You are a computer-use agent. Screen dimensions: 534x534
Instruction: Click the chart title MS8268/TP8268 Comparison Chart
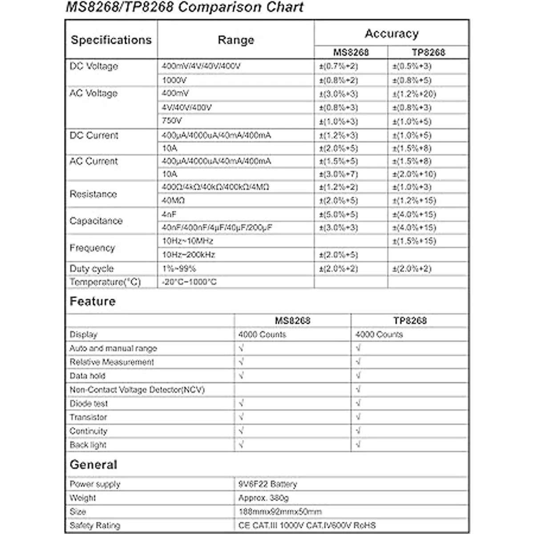click(185, 8)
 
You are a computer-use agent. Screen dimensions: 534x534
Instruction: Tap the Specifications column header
click(111, 40)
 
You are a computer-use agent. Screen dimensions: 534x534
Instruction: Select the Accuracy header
click(392, 34)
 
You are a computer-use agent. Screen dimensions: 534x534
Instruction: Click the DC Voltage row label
click(94, 66)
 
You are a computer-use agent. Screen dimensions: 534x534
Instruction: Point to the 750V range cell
click(172, 121)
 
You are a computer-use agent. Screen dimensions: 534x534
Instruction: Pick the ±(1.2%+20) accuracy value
click(414, 94)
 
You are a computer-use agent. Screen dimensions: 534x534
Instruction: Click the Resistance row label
click(93, 194)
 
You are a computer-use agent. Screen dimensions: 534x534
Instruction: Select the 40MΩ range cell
click(173, 201)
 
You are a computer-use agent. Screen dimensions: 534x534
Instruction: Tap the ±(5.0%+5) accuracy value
click(338, 214)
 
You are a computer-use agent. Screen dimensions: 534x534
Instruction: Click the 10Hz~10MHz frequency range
click(187, 241)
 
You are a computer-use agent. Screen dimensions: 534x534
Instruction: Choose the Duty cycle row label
click(92, 269)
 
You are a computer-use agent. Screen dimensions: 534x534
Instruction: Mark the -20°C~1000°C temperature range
click(189, 282)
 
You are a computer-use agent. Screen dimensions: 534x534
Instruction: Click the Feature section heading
click(93, 302)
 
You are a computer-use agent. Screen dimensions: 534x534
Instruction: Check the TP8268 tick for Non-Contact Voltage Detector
click(358, 390)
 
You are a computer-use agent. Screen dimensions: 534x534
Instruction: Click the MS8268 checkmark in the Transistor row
click(241, 417)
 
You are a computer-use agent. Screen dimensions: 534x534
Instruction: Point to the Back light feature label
click(88, 445)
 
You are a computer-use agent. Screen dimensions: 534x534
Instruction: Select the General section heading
click(93, 465)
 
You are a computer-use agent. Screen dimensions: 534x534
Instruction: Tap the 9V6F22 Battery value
click(267, 484)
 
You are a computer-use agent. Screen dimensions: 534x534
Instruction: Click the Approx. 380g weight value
click(263, 498)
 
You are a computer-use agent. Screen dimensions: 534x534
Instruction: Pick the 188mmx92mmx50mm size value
click(280, 512)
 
